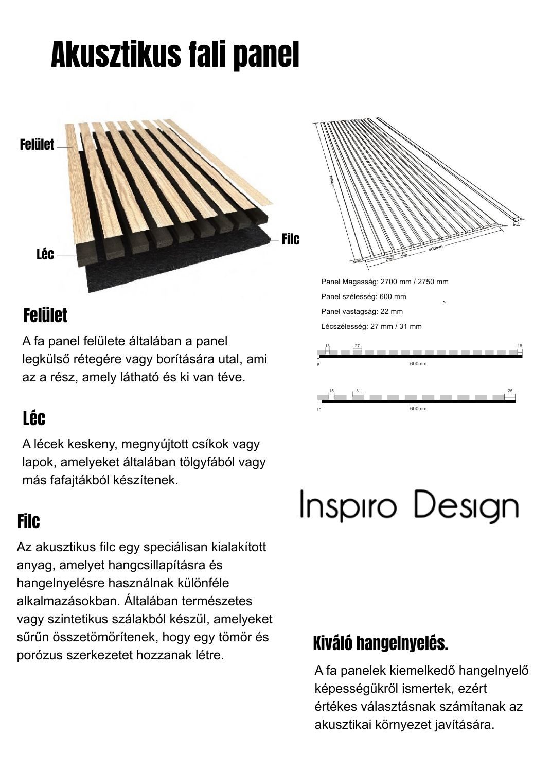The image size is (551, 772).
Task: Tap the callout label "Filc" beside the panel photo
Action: (x=290, y=239)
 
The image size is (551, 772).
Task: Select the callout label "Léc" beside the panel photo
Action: (x=45, y=254)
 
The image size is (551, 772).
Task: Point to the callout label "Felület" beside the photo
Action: (x=37, y=145)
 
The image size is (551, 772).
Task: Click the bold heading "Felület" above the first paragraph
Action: (x=45, y=315)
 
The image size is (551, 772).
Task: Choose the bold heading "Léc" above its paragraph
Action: (x=34, y=418)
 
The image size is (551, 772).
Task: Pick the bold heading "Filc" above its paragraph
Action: (x=28, y=521)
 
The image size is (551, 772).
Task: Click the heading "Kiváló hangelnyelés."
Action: (x=381, y=643)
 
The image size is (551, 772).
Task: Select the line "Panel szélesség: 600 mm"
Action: (x=363, y=296)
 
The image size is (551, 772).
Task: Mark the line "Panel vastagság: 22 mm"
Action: (x=362, y=311)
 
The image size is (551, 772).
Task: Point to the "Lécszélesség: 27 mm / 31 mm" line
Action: (x=371, y=326)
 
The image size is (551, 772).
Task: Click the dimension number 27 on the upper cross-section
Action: (x=358, y=346)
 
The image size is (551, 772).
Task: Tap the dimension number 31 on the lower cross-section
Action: (x=358, y=391)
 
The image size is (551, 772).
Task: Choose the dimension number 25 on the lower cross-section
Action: (x=510, y=391)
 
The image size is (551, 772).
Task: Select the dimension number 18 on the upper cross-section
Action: (x=520, y=346)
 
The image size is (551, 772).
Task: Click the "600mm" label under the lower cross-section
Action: (x=418, y=408)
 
